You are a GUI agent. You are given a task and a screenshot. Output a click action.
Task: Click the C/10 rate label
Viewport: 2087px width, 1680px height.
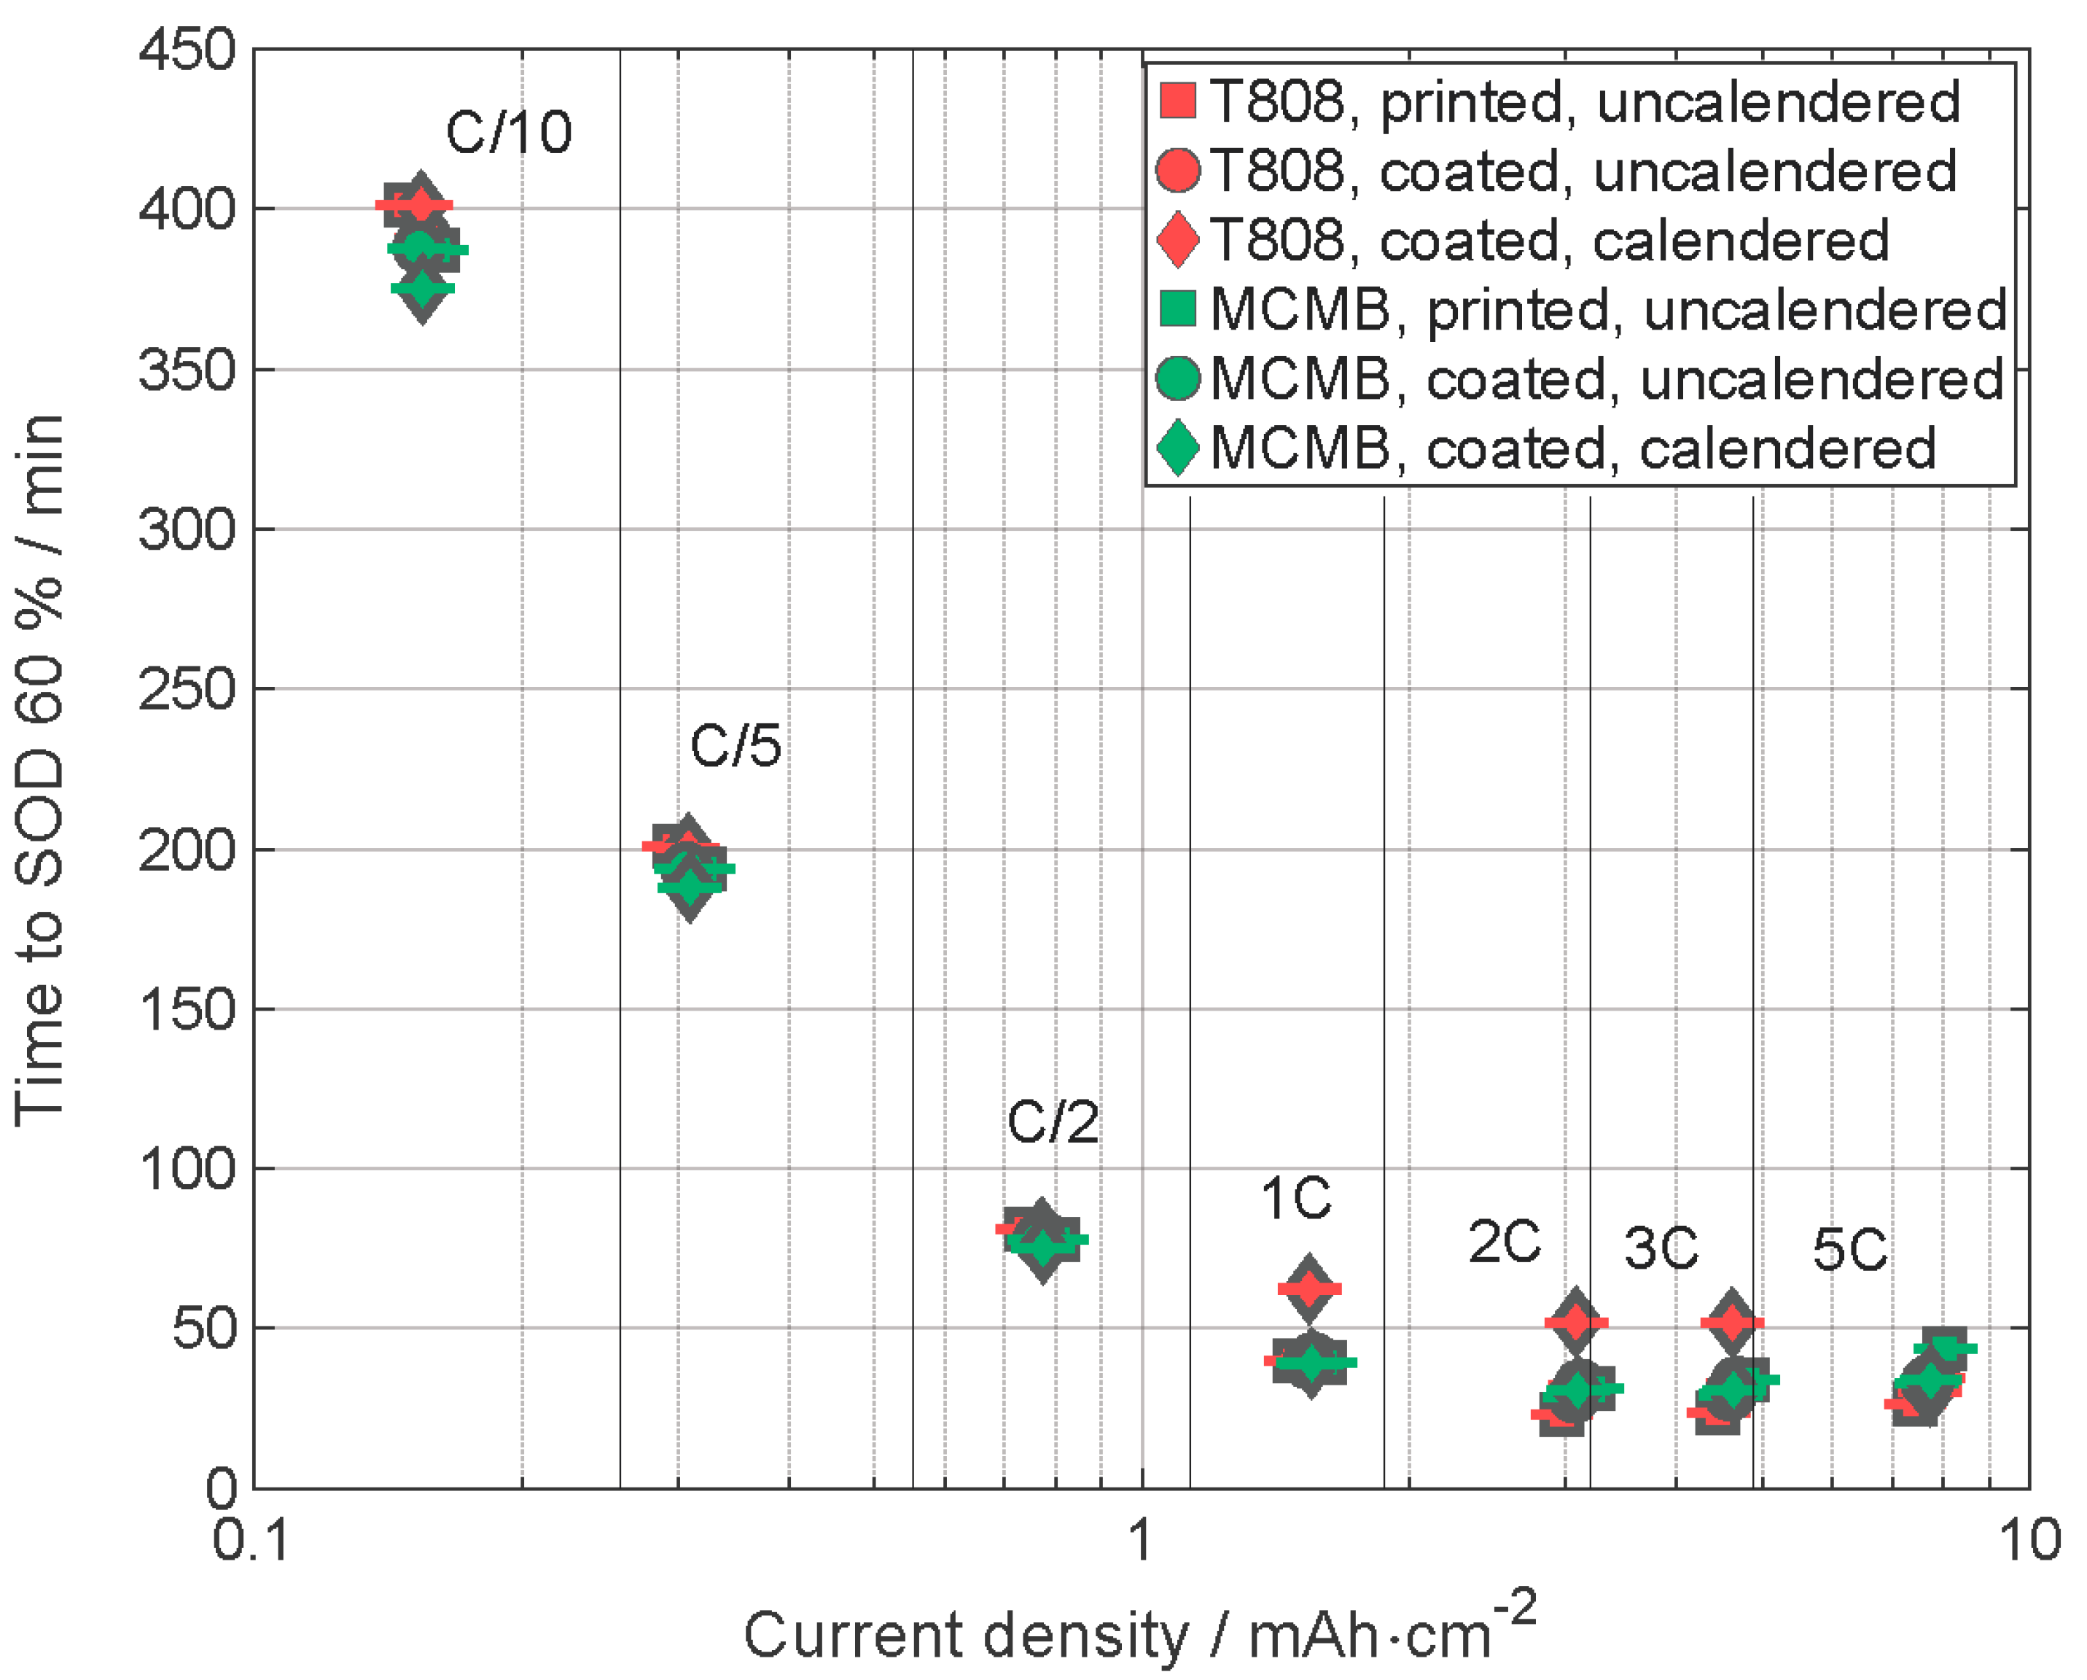coord(508,133)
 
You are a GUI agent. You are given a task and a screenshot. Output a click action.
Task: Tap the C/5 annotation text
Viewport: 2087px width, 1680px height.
coord(735,747)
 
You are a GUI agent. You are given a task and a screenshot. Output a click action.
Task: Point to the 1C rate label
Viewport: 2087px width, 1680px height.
coord(1295,1199)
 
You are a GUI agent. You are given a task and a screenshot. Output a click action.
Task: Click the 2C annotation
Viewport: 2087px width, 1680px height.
coord(1505,1242)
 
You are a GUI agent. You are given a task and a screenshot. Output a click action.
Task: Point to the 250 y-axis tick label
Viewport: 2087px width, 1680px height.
coord(187,690)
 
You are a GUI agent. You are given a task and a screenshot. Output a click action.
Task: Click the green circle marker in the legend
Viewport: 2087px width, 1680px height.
coord(1178,378)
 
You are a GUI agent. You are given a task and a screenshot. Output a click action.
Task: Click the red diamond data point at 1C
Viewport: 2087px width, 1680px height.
coord(1310,1289)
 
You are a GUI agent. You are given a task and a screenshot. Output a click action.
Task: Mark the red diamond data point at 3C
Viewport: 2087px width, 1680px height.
coord(1732,1323)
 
